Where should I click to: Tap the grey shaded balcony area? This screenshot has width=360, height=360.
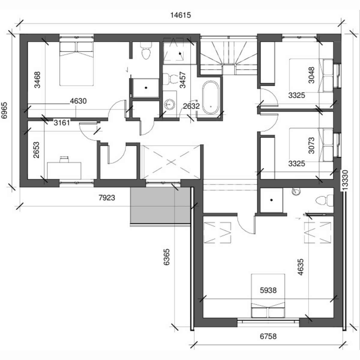[x=160, y=205]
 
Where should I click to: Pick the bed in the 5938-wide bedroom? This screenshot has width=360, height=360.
[x=268, y=295]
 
